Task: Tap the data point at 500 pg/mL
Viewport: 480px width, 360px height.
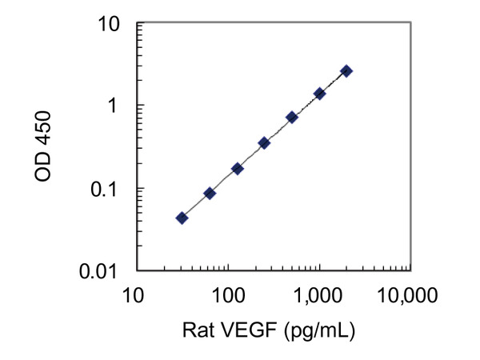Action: [292, 117]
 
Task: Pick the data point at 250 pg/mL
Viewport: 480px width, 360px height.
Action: [264, 143]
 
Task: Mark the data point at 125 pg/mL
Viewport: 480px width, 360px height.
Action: [237, 169]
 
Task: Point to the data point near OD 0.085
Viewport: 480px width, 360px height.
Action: [210, 193]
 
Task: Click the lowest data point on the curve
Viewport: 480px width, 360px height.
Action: [182, 218]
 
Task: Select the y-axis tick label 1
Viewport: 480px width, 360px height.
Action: [116, 106]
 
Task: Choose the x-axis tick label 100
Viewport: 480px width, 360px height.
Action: [228, 297]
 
